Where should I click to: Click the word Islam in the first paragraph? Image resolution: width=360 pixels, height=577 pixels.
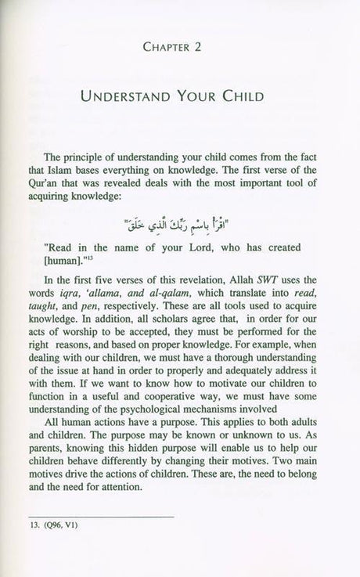[85, 167]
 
